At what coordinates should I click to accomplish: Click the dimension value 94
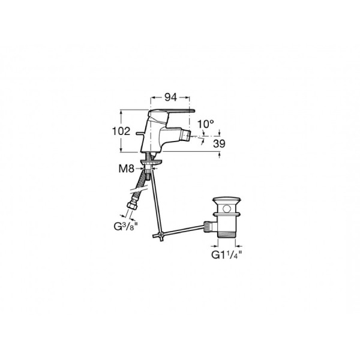pos(171,98)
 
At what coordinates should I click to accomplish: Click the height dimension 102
pos(121,131)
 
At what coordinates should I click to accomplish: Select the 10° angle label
pos(206,124)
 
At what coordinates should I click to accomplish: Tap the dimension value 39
pos(219,144)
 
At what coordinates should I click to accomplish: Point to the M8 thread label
pos(126,169)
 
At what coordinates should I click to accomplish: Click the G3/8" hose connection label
pos(125,226)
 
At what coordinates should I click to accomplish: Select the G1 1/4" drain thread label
pos(227,255)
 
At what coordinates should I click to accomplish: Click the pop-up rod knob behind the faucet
pos(140,133)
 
